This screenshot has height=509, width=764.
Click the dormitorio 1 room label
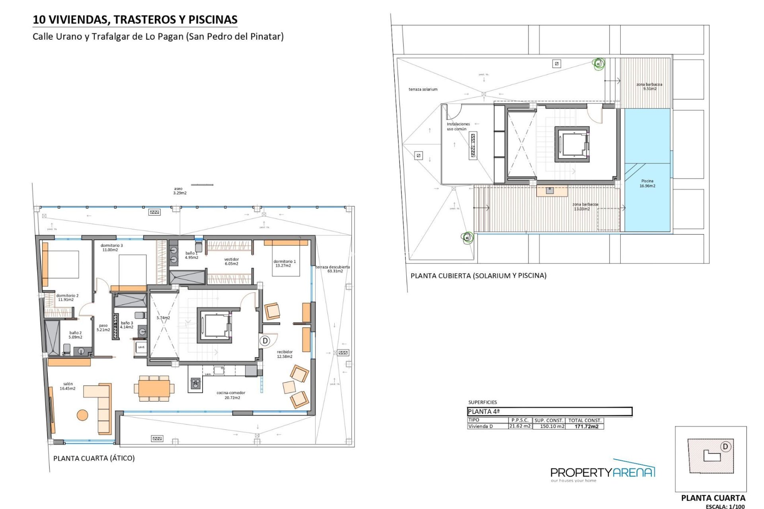pyautogui.click(x=284, y=264)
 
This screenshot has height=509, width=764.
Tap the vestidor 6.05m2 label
pyautogui.click(x=231, y=261)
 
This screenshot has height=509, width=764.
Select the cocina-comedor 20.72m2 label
pyautogui.click(x=231, y=395)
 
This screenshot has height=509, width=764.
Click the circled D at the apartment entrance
pyautogui.click(x=265, y=341)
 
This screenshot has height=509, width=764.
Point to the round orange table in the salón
pyautogui.click(x=82, y=415)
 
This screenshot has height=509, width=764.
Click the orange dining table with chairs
pyautogui.click(x=154, y=387)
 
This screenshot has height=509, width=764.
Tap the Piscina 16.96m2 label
pyautogui.click(x=647, y=183)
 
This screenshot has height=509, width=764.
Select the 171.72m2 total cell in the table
pyautogui.click(x=586, y=426)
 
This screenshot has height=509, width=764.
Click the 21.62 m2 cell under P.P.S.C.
pyautogui.click(x=520, y=426)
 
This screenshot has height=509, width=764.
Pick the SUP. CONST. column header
pyautogui.click(x=549, y=420)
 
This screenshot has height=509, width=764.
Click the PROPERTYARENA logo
pyautogui.click(x=602, y=472)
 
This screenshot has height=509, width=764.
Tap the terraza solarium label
pyautogui.click(x=423, y=89)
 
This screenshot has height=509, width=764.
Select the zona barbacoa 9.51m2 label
pyautogui.click(x=649, y=86)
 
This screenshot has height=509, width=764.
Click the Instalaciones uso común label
pyautogui.click(x=458, y=126)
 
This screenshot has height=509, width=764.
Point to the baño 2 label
pyautogui.click(x=75, y=335)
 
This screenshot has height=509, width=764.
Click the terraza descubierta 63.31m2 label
pyautogui.click(x=333, y=269)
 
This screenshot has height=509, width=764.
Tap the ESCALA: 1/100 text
pyautogui.click(x=725, y=506)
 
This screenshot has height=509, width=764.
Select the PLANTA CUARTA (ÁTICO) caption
pyautogui.click(x=94, y=458)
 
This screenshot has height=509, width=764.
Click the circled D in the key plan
pyautogui.click(x=725, y=447)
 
